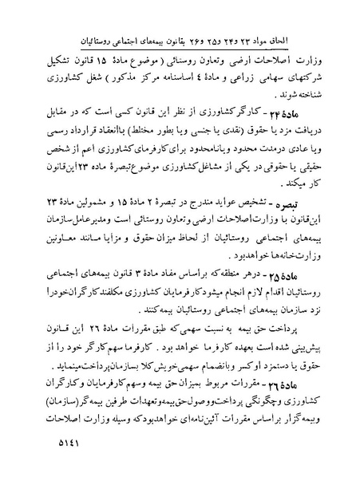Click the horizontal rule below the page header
[180, 49]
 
